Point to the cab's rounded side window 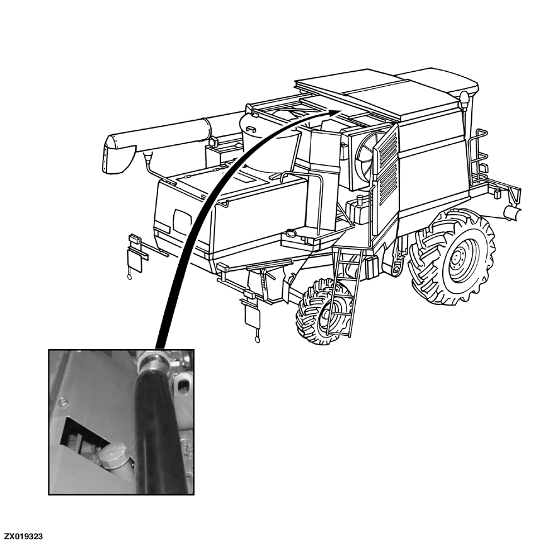(x=183, y=219)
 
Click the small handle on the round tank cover (x=251, y=129)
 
